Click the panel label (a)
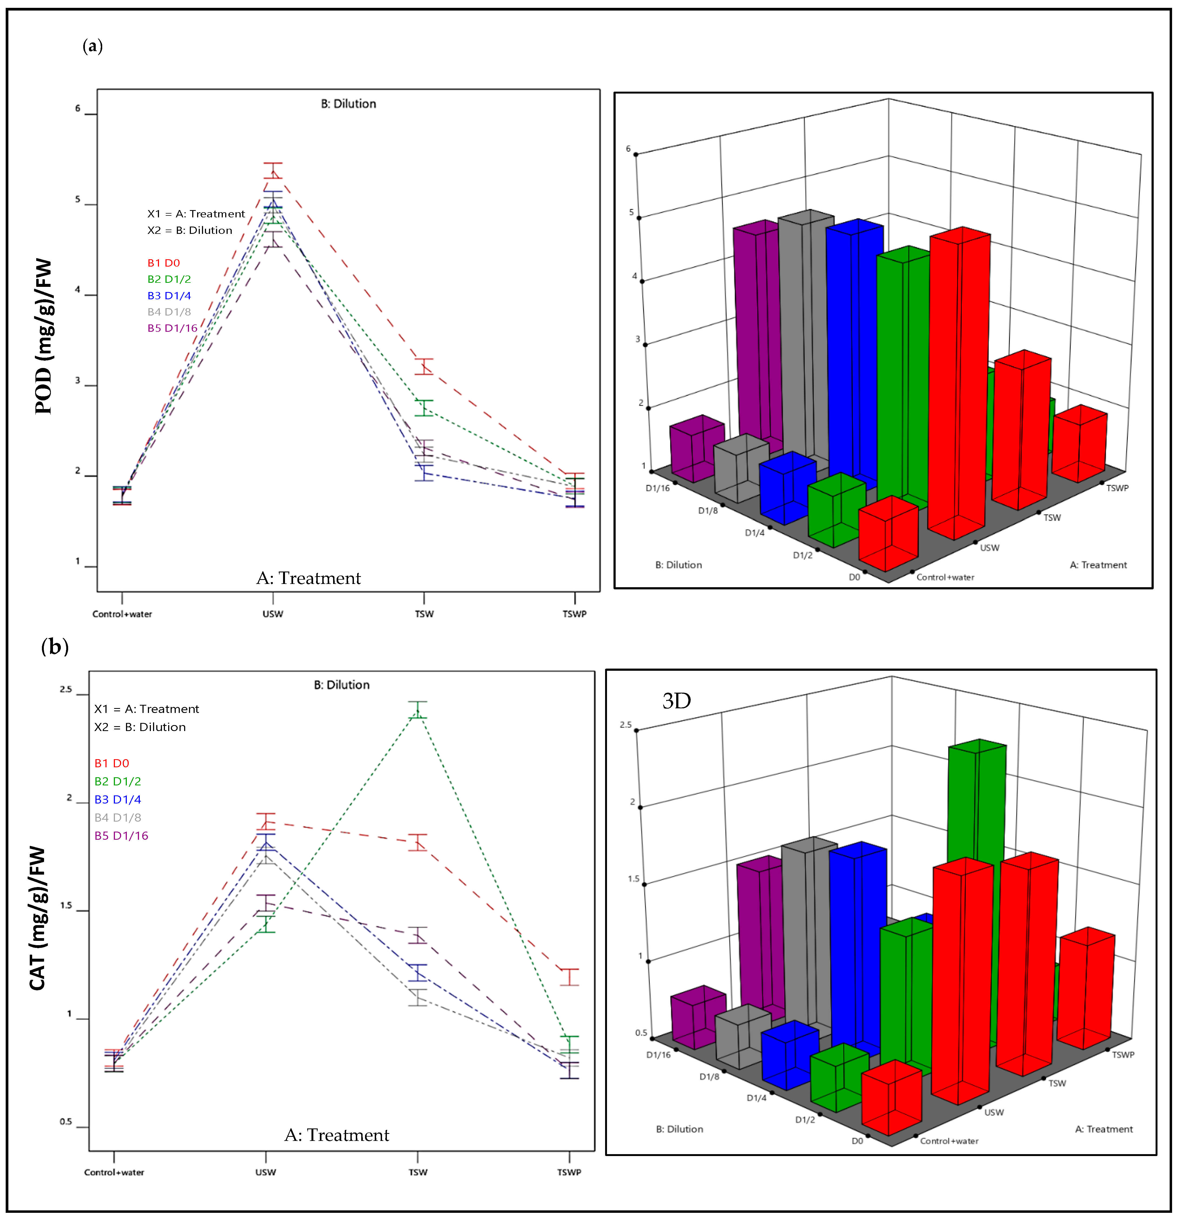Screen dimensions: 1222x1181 click(92, 46)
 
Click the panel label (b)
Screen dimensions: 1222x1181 click(55, 646)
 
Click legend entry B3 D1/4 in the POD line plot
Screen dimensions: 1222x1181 click(169, 295)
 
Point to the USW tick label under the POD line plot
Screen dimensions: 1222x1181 click(273, 614)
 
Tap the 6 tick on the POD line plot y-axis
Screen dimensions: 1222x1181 click(78, 108)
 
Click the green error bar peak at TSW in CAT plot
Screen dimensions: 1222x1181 click(418, 709)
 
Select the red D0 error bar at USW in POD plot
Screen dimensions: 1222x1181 click(273, 171)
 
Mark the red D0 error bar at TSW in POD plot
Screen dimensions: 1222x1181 click(424, 367)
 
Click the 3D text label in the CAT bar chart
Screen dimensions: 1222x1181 click(676, 701)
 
